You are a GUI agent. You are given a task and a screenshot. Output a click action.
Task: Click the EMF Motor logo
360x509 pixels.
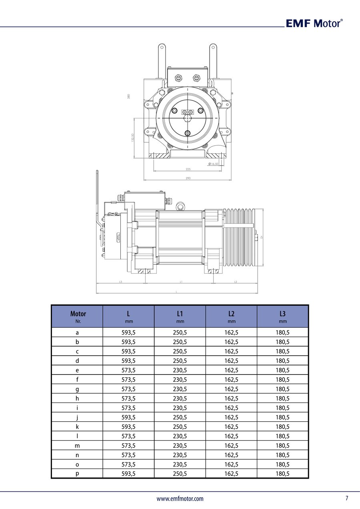(x=314, y=23)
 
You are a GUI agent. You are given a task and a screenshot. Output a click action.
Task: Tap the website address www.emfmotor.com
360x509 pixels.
(x=180, y=499)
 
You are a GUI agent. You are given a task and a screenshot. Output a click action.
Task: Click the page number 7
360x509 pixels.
(x=347, y=498)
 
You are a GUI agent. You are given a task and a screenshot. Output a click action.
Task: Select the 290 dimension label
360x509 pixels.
(x=188, y=178)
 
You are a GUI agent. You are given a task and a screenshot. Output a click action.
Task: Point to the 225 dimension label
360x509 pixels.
(x=188, y=169)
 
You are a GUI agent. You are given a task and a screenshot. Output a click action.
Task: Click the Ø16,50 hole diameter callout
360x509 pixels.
(x=213, y=164)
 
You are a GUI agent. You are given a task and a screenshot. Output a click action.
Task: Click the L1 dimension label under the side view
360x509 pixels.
(x=181, y=282)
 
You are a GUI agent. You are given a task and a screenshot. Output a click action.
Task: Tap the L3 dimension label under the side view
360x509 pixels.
(x=120, y=282)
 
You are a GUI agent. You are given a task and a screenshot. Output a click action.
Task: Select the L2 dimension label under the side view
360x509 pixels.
(x=235, y=282)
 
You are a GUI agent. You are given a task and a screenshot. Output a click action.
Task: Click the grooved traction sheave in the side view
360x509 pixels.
(x=239, y=238)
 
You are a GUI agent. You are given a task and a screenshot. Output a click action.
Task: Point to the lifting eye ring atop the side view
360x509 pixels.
(x=181, y=206)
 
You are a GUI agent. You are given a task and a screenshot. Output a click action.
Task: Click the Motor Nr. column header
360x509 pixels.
(x=78, y=317)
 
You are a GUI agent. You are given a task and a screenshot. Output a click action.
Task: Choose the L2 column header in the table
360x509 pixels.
(x=231, y=317)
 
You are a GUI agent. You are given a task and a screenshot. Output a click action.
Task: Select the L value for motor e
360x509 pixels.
(x=128, y=370)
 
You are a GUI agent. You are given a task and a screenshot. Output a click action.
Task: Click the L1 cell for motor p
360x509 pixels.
(x=180, y=474)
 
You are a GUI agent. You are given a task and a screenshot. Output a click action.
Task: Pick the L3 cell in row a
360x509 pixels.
(x=283, y=333)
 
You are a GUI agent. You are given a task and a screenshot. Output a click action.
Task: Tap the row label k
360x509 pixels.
(x=77, y=427)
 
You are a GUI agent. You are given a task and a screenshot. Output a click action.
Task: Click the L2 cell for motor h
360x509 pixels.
(x=231, y=399)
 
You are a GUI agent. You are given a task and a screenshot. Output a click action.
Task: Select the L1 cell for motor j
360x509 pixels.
(x=180, y=417)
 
